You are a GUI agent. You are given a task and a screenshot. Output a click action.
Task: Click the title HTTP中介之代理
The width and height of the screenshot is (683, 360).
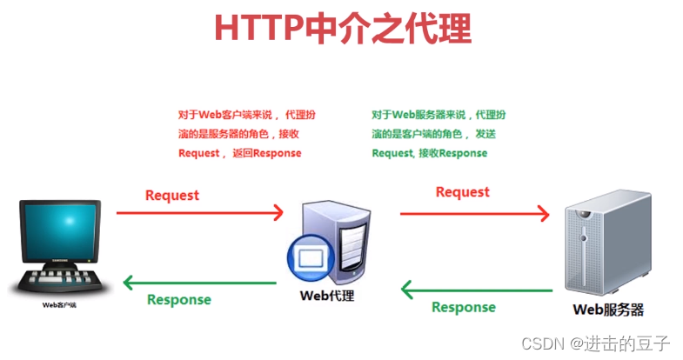(x=343, y=29)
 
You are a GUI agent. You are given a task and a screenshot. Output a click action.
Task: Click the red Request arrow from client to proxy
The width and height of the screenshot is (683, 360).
(x=200, y=211)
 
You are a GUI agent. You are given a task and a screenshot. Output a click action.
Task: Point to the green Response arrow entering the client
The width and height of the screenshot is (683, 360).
(x=200, y=283)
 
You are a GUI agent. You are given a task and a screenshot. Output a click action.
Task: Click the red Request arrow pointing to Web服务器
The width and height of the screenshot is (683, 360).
(x=475, y=211)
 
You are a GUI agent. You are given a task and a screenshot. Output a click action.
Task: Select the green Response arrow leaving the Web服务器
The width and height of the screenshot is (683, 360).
(x=475, y=290)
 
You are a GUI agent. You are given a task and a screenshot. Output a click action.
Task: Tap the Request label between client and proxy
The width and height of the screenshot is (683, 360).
(x=172, y=195)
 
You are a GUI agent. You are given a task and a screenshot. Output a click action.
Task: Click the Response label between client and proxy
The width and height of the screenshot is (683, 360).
(x=178, y=299)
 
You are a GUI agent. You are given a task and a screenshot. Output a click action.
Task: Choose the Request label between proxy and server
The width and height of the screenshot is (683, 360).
(x=462, y=191)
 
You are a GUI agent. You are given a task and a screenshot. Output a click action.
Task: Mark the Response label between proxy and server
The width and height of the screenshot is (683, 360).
(x=464, y=307)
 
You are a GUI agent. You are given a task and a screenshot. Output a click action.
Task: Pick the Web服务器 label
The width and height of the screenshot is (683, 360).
(x=608, y=309)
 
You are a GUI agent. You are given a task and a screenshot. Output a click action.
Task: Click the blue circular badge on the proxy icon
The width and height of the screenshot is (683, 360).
(x=308, y=259)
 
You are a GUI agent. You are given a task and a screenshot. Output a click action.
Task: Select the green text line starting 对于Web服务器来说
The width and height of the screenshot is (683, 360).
(x=439, y=115)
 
